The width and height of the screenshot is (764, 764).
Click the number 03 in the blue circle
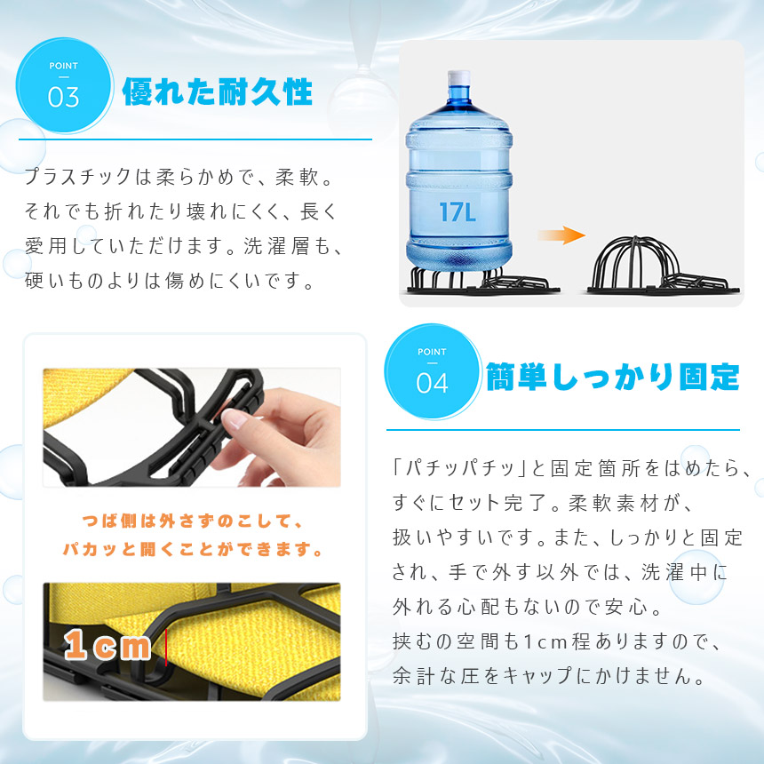point(63,97)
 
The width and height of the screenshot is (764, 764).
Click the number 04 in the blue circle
point(432,383)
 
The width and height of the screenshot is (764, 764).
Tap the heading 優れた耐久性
point(217,92)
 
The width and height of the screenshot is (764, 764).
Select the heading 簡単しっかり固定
point(612,377)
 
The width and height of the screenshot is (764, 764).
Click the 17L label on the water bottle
point(457,212)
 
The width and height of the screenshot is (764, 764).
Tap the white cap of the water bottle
point(458,77)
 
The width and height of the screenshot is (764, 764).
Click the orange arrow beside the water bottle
point(561,235)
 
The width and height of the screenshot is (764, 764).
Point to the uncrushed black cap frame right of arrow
point(663,266)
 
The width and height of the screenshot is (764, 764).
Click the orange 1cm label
point(107,644)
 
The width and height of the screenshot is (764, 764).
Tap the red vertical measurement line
point(166,647)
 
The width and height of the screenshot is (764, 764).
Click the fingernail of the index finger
point(235,418)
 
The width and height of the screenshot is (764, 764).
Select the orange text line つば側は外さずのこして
point(193,521)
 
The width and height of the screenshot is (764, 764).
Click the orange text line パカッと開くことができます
point(193,549)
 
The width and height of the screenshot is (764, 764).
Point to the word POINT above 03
point(63,66)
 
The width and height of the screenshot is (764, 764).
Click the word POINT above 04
point(432,352)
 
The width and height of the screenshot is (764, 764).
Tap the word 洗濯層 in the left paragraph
point(277,245)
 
